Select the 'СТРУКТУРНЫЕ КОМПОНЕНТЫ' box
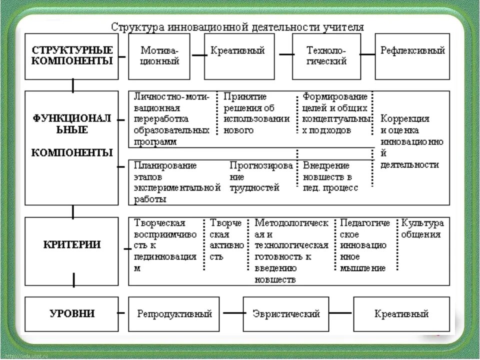point(72,56)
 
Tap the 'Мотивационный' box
point(159,56)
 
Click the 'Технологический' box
point(326,56)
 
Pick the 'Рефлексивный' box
point(412,56)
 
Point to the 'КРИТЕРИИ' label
point(71,245)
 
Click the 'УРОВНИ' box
point(72,314)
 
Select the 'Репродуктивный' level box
point(174,314)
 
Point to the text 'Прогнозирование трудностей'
point(260,176)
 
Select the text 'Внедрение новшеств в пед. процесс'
point(330,176)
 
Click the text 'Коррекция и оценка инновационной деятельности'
point(411,141)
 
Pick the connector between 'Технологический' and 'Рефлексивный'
point(367,54)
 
